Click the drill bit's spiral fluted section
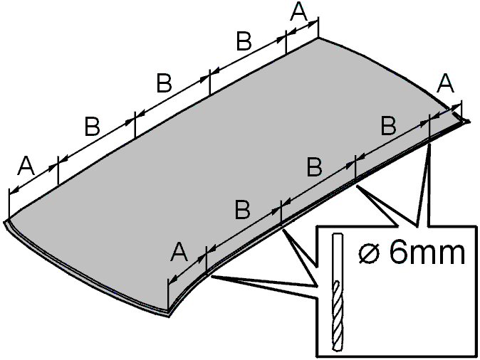click(x=338, y=316)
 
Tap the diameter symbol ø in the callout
click(x=370, y=253)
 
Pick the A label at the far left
click(x=26, y=166)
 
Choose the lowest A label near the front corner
click(x=179, y=253)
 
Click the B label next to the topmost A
click(x=244, y=41)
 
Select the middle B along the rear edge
click(x=164, y=83)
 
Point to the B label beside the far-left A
click(x=92, y=127)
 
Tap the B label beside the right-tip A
click(x=389, y=126)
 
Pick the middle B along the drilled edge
click(x=315, y=167)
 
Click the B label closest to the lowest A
click(x=242, y=210)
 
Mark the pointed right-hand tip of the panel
click(x=469, y=122)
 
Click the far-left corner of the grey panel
click(x=4, y=221)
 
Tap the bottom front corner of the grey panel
click(x=169, y=317)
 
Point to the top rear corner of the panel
click(x=318, y=38)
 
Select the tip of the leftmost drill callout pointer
click(x=212, y=276)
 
